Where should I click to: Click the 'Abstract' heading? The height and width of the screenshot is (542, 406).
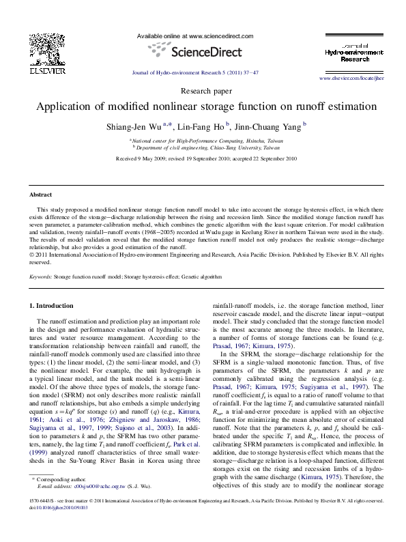click(40, 194)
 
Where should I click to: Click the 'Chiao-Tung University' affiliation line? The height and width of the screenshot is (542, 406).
click(206, 147)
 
